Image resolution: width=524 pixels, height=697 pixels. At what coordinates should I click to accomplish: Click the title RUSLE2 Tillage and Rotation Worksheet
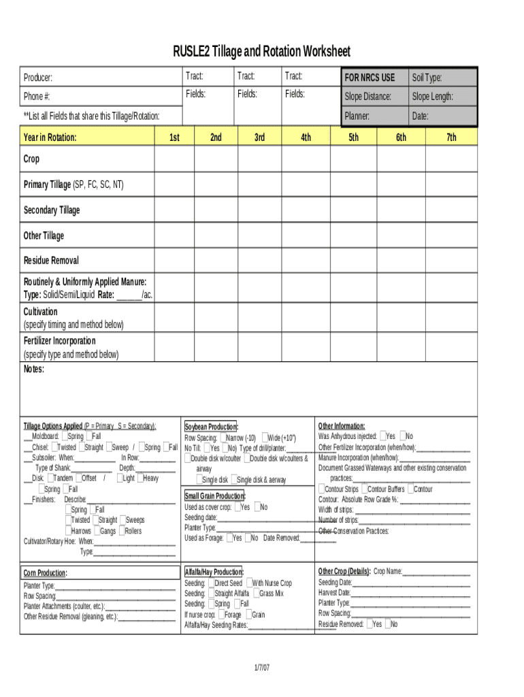(262, 52)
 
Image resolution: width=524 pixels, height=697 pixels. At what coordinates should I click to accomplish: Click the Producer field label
(37, 78)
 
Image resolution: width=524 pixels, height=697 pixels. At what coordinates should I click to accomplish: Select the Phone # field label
(37, 97)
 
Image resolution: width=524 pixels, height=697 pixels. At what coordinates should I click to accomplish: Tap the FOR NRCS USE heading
(370, 78)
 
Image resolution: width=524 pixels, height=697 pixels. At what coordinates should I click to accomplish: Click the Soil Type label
(427, 78)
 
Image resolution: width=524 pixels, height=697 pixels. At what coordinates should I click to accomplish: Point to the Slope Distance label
(367, 97)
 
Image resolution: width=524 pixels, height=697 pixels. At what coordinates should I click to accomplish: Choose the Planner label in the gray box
(357, 116)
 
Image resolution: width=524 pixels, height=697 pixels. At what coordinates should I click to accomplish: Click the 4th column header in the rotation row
(306, 137)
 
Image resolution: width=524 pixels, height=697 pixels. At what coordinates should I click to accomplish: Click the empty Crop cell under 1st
(174, 159)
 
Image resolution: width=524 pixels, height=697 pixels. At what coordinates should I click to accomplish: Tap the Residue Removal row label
(51, 261)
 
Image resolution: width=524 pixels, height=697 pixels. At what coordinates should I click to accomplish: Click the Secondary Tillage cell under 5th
(354, 210)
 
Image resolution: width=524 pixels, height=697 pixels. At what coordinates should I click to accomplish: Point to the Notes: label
(34, 370)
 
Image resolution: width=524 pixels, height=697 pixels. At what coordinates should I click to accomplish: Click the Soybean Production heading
(211, 426)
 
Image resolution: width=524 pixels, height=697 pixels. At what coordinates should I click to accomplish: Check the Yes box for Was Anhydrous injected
(383, 436)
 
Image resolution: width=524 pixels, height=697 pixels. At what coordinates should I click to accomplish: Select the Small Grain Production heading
(215, 496)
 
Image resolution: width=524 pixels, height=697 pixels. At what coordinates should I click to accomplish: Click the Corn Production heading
(46, 573)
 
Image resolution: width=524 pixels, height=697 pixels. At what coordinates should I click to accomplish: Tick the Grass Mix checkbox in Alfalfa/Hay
(256, 594)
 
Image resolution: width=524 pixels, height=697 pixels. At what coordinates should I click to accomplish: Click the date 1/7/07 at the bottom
(261, 668)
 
